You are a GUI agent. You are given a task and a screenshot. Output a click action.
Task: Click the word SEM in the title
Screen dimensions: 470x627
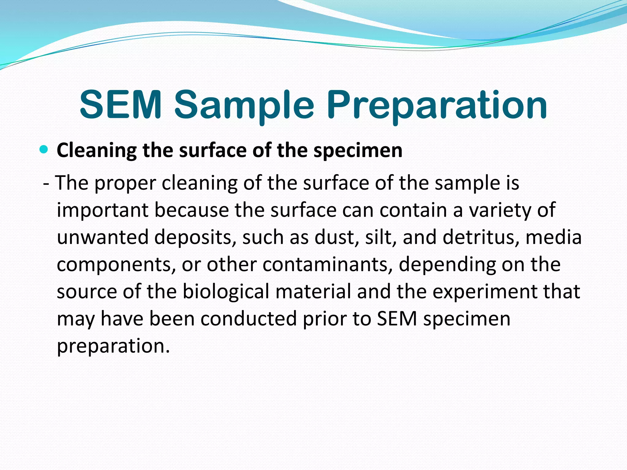[120, 105]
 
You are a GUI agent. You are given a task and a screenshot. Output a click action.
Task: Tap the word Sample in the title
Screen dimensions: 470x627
[244, 105]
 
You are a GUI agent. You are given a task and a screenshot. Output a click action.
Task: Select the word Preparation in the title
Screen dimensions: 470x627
[437, 105]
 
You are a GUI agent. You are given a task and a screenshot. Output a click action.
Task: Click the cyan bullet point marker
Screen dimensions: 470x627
[44, 150]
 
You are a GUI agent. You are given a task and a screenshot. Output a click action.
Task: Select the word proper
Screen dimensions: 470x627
[125, 183]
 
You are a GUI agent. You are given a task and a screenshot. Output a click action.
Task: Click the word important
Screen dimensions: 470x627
[102, 211]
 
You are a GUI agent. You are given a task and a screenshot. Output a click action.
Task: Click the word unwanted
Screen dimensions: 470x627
[102, 237]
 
